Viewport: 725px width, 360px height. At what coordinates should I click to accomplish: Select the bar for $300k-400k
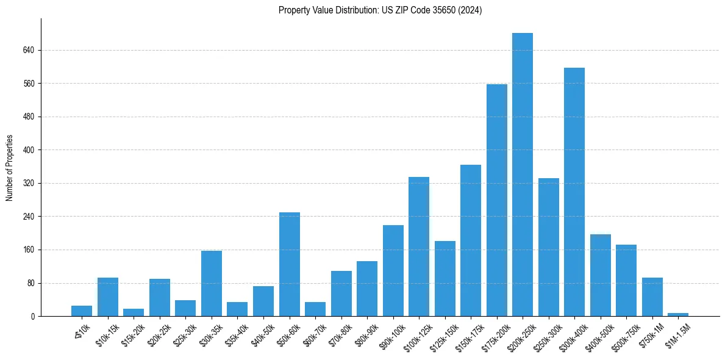[x=574, y=192]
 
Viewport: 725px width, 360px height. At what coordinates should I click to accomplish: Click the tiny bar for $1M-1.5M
[x=678, y=314]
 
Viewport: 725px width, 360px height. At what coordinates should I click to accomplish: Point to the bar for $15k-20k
[x=134, y=312]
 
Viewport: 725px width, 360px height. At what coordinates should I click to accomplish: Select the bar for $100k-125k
[x=419, y=247]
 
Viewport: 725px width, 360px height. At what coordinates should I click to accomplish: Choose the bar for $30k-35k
[x=212, y=283]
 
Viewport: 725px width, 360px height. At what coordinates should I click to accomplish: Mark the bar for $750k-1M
[x=652, y=297]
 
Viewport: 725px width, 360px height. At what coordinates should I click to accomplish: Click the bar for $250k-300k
[x=548, y=247]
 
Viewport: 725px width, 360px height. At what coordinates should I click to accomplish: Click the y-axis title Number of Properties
[x=9, y=168]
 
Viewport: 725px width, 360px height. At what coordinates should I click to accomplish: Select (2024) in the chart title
[x=470, y=10]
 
